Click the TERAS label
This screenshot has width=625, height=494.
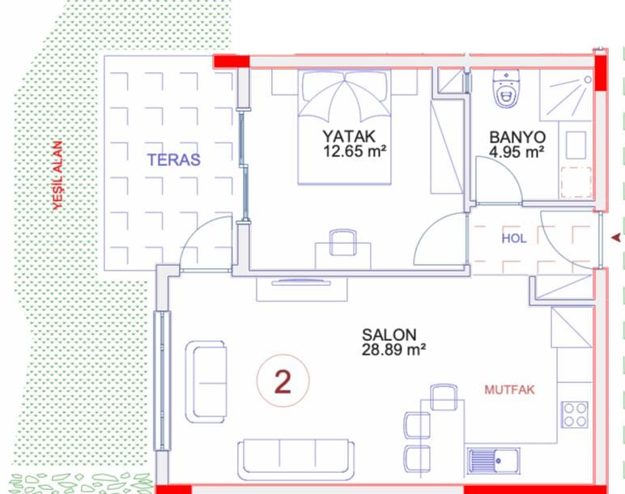point(174,160)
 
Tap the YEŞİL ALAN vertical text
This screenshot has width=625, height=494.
point(58,175)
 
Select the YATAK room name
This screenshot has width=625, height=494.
point(349,136)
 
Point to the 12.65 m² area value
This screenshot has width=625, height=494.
point(355,151)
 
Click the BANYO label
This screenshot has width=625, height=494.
point(517,137)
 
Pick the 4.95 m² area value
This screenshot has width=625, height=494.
point(517,152)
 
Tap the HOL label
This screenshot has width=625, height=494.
point(514,238)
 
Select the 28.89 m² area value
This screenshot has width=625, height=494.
point(393,349)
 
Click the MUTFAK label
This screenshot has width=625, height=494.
point(509,390)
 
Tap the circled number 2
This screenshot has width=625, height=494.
point(283,381)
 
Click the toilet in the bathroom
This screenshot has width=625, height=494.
point(506,88)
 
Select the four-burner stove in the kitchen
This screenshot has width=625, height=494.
point(575,415)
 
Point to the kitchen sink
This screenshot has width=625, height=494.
point(493,462)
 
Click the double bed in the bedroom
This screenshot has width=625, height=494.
point(344,128)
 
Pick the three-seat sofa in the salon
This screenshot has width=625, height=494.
point(295,460)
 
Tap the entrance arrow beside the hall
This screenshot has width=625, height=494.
point(616,238)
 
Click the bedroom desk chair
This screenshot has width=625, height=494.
point(343,241)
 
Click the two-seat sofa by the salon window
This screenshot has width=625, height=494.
point(206,381)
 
